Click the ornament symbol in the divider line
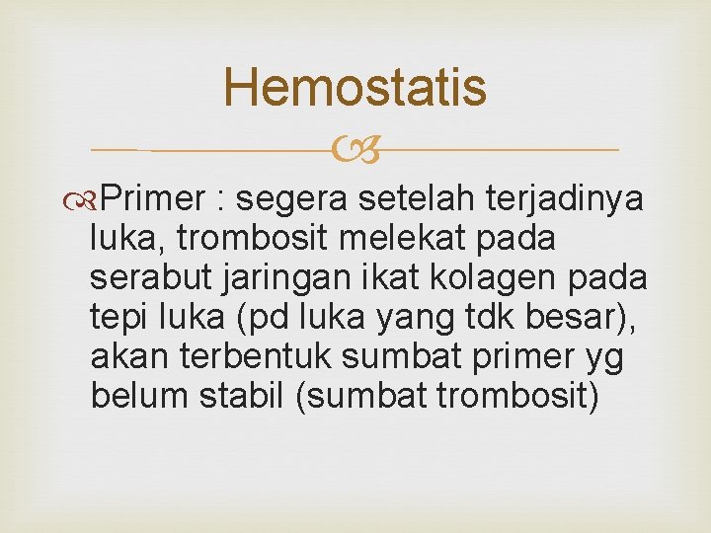click(x=355, y=151)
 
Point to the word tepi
click(x=116, y=318)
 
